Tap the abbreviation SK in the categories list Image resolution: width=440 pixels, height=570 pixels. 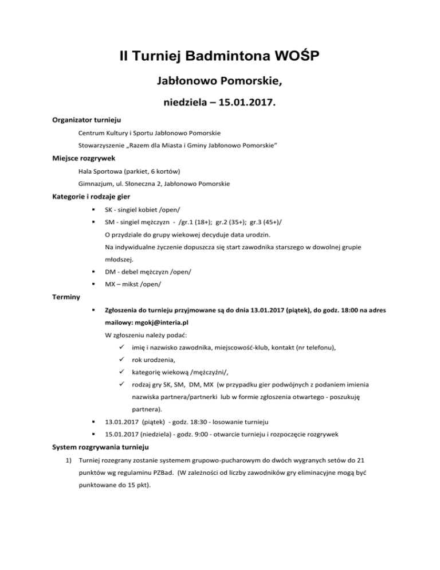tap(108, 212)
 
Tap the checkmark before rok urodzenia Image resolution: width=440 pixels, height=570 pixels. tap(121, 360)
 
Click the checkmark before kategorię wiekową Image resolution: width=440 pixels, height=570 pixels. tap(121, 372)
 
